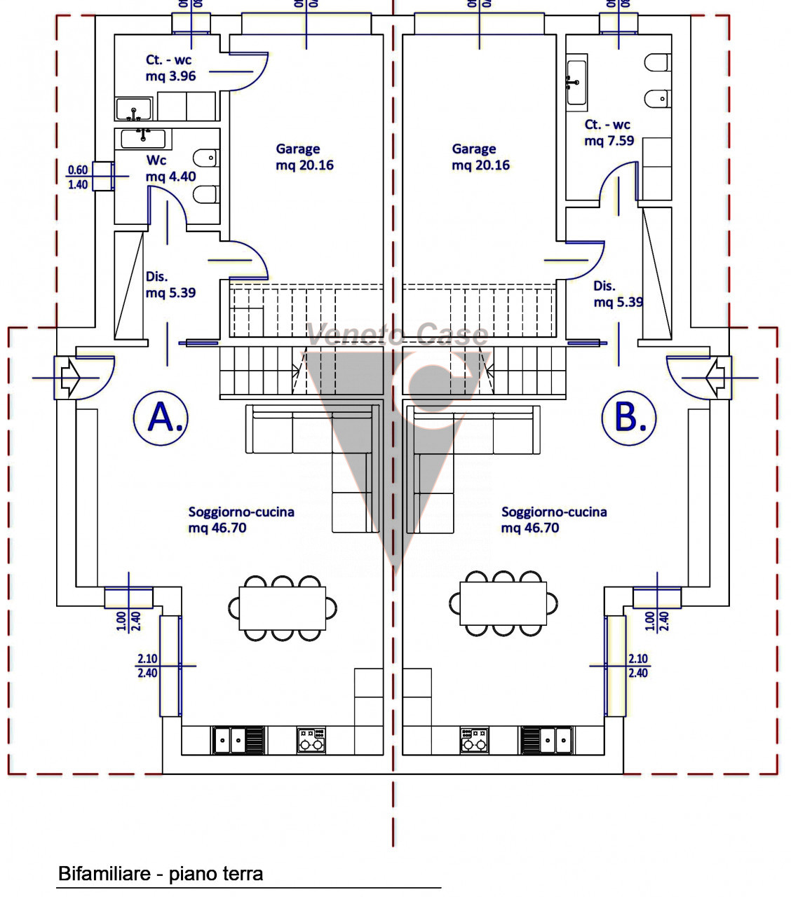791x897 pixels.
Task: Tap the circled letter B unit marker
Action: coord(629,418)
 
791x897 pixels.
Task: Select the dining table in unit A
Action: coord(283,608)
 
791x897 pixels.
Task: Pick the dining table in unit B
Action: coord(503,603)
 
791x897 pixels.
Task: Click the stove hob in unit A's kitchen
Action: coord(311,740)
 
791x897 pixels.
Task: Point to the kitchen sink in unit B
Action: coord(555,740)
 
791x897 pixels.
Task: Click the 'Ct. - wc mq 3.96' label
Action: coord(170,68)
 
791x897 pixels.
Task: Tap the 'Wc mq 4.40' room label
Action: coord(170,169)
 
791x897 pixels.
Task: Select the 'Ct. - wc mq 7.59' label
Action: coord(609,132)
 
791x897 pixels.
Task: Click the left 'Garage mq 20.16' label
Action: coord(304,157)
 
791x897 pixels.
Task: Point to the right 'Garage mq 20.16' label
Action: coord(480,157)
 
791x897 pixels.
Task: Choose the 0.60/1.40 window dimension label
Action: coord(78,177)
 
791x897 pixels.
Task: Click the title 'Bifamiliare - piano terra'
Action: coord(161,874)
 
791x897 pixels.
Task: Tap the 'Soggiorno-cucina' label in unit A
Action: coord(241,519)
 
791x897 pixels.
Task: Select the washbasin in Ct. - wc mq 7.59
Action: coord(576,82)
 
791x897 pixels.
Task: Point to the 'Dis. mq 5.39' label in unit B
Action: coord(618,294)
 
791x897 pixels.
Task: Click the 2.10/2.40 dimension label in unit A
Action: coord(147,666)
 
